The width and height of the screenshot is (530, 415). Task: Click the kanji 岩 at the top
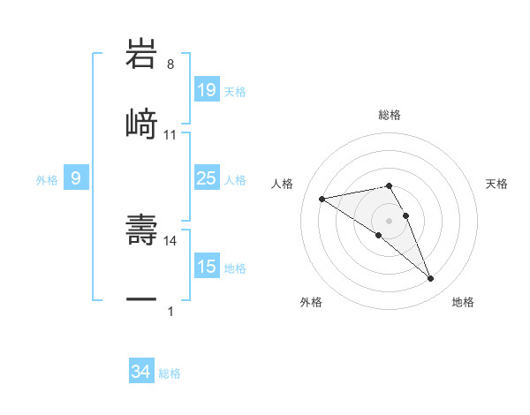(x=141, y=55)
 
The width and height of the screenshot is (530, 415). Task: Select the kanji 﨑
(x=141, y=124)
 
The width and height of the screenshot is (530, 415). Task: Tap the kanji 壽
(x=141, y=230)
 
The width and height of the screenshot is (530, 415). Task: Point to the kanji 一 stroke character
(x=141, y=300)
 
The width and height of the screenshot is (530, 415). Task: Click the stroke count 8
(x=170, y=64)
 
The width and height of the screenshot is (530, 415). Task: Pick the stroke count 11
(x=170, y=134)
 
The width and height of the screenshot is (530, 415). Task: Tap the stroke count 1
(x=170, y=311)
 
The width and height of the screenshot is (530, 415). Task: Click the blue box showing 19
(x=207, y=90)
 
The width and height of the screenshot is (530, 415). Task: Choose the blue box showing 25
(x=207, y=178)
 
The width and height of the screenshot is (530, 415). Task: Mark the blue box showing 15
(x=207, y=267)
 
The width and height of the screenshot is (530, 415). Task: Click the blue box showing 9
(x=76, y=179)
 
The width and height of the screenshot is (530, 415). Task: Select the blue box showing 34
(x=141, y=373)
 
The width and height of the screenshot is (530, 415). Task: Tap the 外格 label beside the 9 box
(x=47, y=180)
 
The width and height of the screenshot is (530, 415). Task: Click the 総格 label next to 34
(x=170, y=373)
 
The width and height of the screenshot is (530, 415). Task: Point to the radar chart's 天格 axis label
(x=497, y=184)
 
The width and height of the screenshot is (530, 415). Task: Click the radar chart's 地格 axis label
(x=463, y=302)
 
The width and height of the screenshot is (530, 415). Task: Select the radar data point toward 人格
(x=322, y=198)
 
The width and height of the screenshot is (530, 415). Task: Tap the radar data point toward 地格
(x=430, y=279)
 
